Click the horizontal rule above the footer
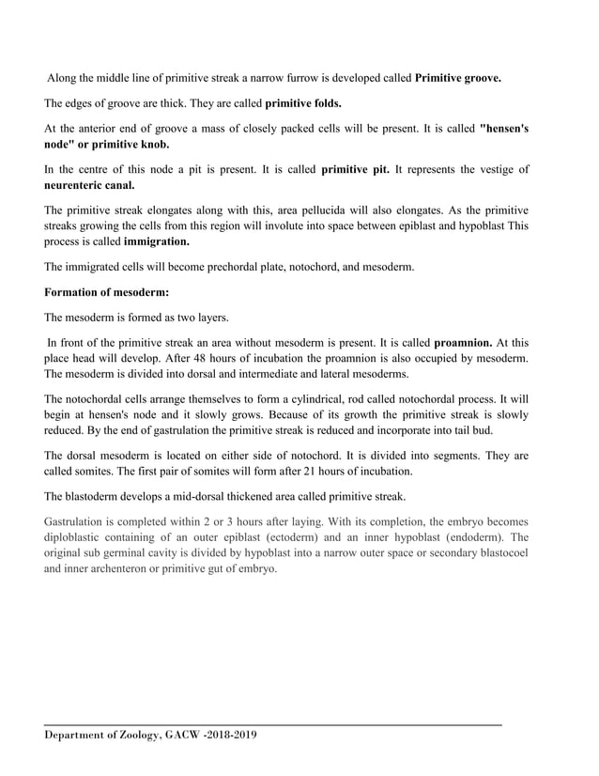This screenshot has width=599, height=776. coord(272,724)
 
